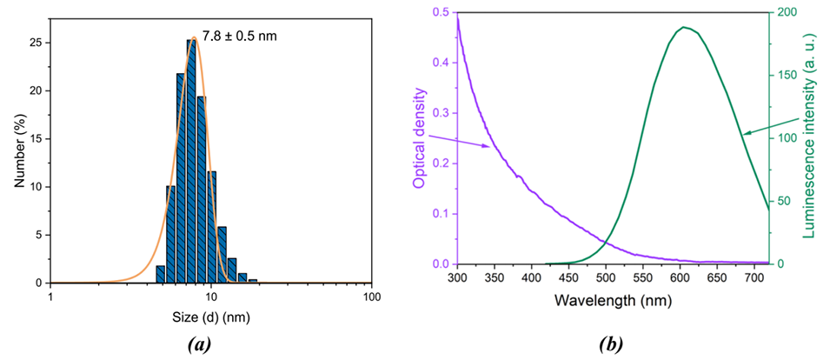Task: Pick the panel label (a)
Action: click(x=201, y=344)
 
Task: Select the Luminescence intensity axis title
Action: click(x=817, y=137)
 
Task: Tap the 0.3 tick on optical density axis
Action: click(x=442, y=113)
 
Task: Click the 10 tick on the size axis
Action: click(x=211, y=297)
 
